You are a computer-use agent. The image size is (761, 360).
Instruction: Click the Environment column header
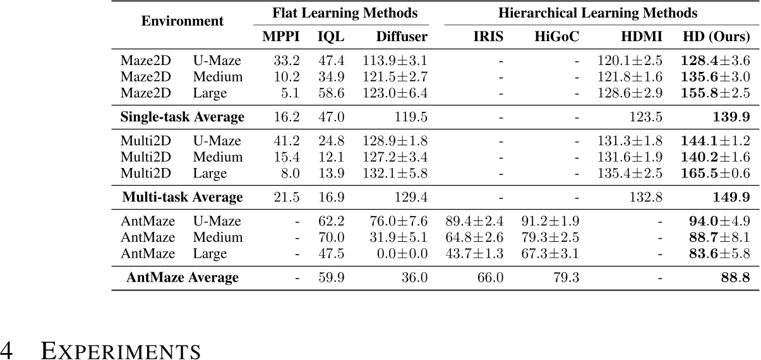click(182, 21)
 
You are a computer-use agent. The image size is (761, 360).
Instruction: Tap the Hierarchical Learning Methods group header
click(597, 13)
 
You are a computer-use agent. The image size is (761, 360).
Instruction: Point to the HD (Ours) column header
click(716, 37)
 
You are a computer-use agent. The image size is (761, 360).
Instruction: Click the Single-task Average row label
click(182, 117)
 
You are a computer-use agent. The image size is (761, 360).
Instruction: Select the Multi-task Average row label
click(182, 197)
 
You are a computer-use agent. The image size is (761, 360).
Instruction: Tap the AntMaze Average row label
click(182, 277)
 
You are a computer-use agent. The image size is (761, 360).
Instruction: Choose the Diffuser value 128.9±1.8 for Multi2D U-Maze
click(395, 141)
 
